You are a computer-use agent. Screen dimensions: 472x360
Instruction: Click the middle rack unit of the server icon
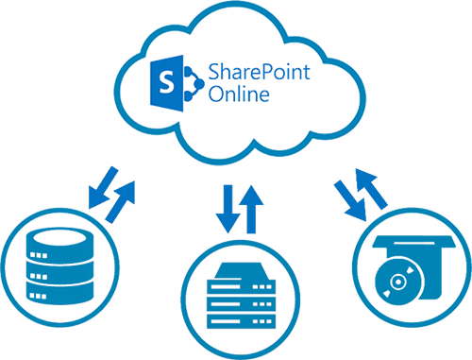(233, 300)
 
